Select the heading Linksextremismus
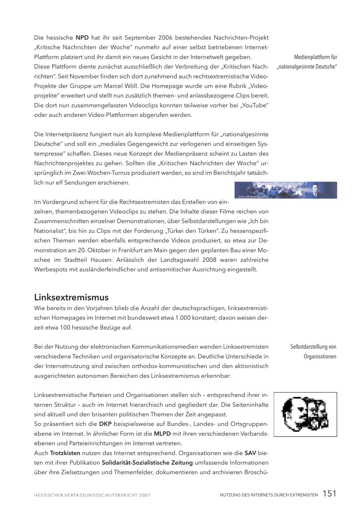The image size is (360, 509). coord(71,297)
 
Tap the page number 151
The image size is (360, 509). coord(330,494)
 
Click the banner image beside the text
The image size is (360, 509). coord(286,190)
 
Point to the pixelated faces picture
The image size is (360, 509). coord(305,414)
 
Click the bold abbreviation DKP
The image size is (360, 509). coord(105,424)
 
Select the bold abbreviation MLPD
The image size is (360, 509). coord(162,433)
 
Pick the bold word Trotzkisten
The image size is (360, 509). coord(65,453)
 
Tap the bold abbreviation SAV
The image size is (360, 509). coord(250,453)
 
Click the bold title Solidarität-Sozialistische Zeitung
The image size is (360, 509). coord(147,463)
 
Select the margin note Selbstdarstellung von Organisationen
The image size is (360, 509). coord(313,351)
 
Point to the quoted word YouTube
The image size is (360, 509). coord(254,105)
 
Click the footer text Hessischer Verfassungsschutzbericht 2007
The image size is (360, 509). coord(92,495)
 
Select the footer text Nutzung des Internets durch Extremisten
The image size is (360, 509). coord(269,495)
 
